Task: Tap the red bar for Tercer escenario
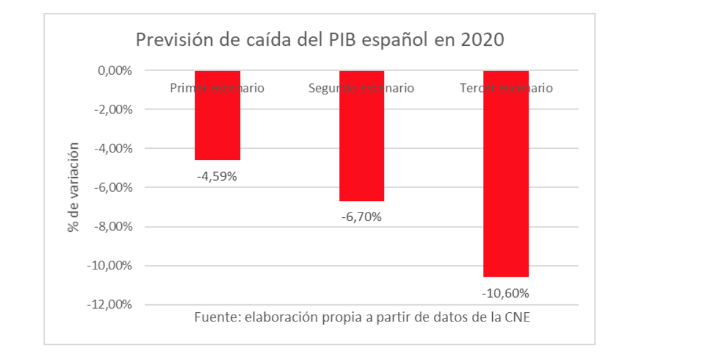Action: [x=506, y=174]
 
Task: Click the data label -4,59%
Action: [x=217, y=176]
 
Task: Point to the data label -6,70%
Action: [x=361, y=217]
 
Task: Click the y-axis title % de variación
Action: [x=74, y=187]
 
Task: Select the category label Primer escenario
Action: [x=217, y=88]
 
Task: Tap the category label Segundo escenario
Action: [x=361, y=88]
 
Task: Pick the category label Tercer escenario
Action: [x=506, y=88]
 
